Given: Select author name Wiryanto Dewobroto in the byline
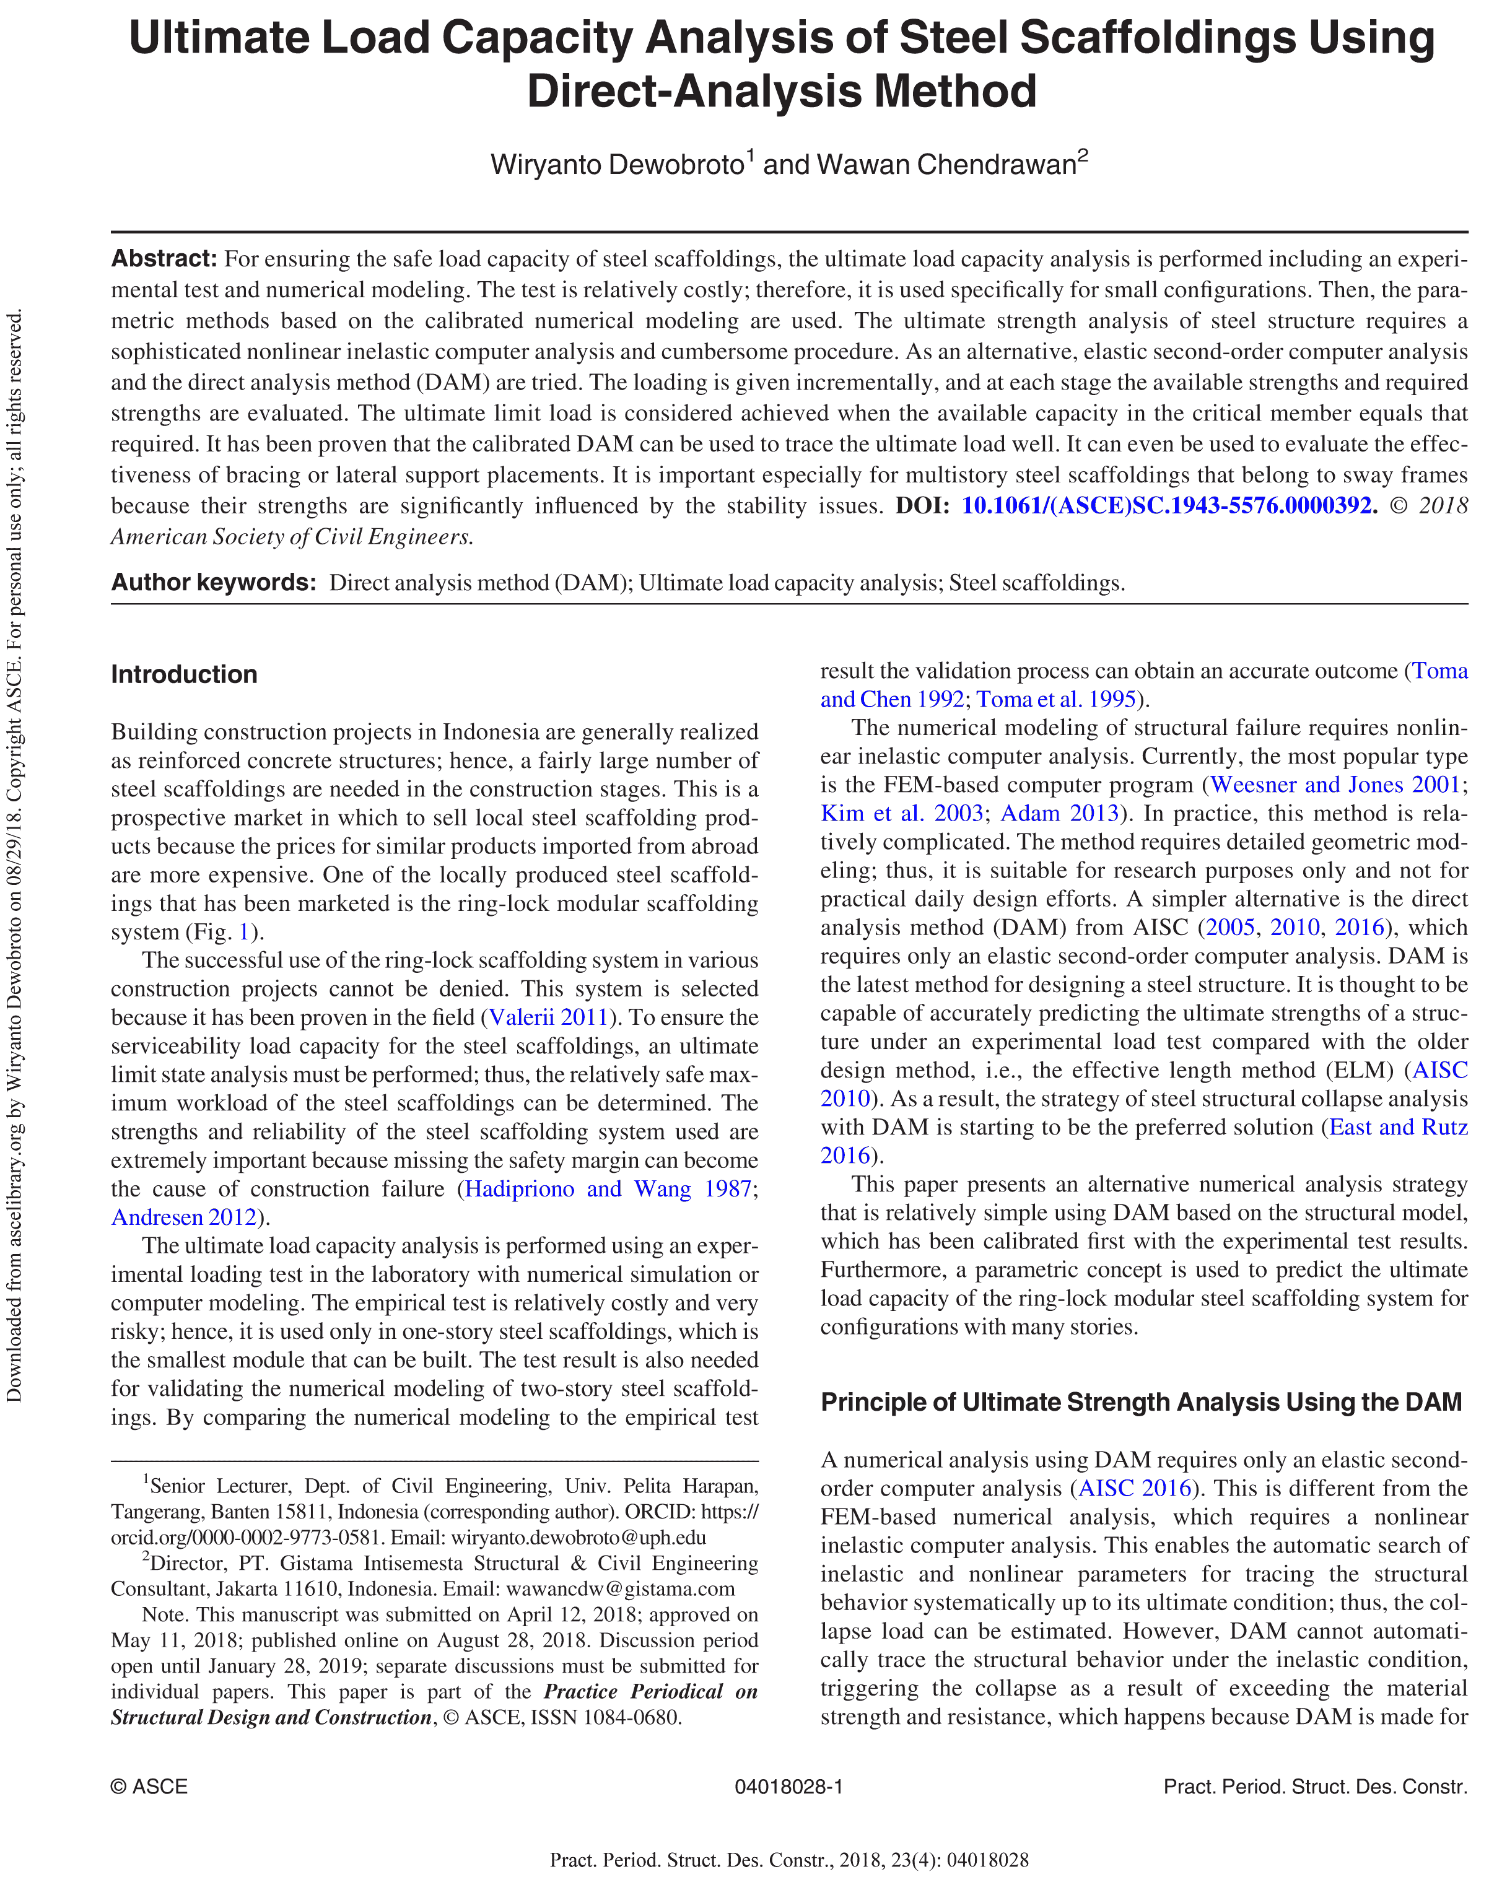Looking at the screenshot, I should (x=616, y=165).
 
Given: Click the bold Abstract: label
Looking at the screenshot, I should (x=164, y=259).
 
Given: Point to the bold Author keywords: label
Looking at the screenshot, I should (x=213, y=583).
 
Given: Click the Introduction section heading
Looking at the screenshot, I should (x=184, y=675).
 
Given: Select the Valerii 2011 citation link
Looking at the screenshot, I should (x=548, y=1017).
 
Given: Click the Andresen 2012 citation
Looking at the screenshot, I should (x=184, y=1217).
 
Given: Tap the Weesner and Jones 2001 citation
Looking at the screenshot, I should (x=1334, y=785).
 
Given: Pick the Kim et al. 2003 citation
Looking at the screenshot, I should (x=901, y=813).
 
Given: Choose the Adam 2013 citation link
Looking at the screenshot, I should (x=1059, y=813).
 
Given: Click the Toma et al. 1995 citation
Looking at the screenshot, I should (x=1055, y=699).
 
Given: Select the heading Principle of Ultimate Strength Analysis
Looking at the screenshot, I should (x=1141, y=1403).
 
